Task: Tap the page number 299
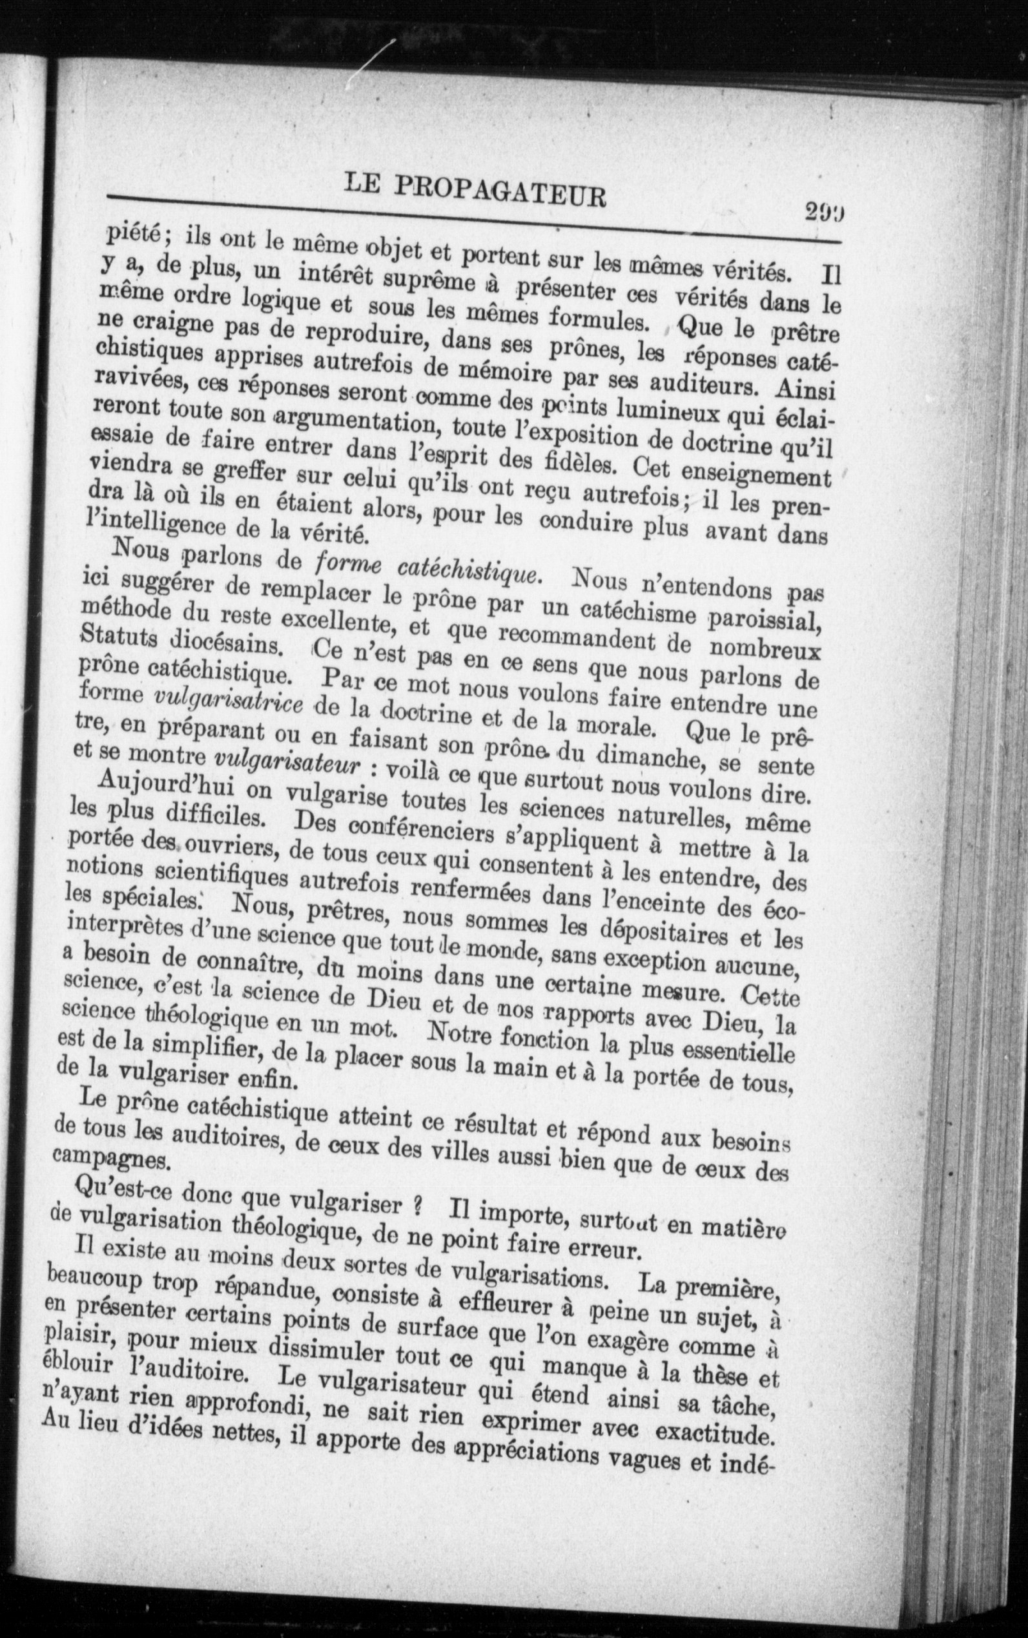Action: point(823,211)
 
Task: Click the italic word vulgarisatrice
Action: point(229,701)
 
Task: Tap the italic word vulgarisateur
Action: point(285,763)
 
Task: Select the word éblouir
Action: point(77,1367)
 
